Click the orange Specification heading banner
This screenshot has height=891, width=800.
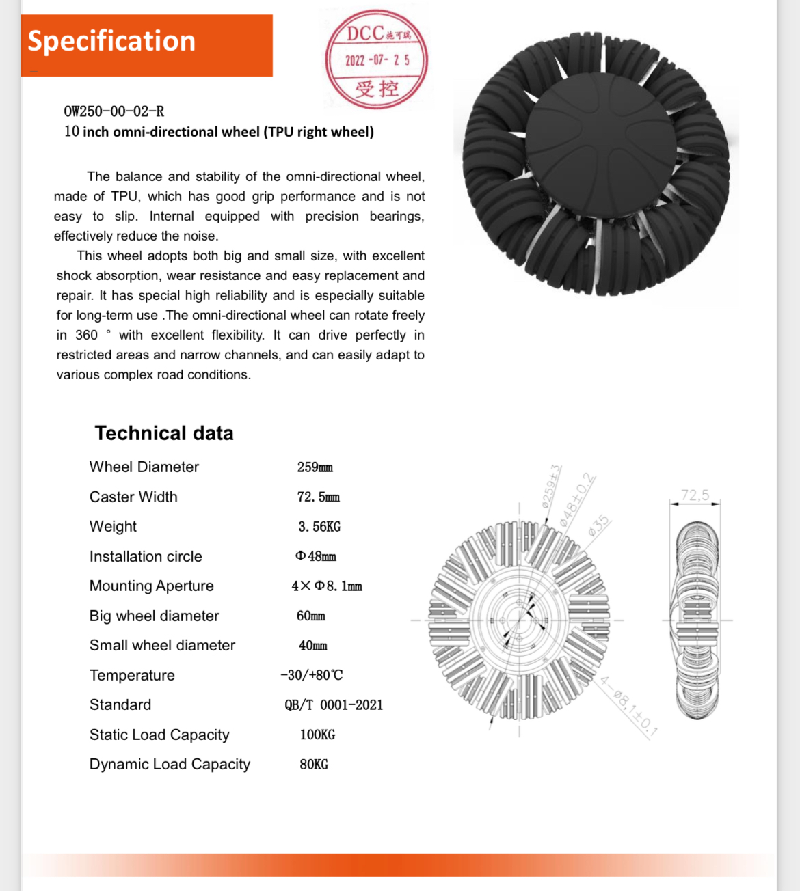pos(146,45)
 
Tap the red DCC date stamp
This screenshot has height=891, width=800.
pos(377,60)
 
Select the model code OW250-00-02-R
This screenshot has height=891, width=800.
pos(114,111)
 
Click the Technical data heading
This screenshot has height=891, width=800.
pos(164,433)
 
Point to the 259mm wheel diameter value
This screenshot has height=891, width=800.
pos(315,467)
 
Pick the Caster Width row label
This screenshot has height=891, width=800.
pos(133,497)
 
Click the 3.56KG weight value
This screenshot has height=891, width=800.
pos(319,527)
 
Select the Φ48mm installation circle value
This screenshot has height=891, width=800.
pos(316,556)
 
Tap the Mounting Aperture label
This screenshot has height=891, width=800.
pos(151,586)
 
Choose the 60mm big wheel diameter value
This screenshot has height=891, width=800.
pos(311,616)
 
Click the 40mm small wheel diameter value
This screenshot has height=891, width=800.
pos(312,646)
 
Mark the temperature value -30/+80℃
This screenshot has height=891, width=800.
pos(312,675)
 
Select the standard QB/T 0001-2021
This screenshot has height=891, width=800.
pos(334,705)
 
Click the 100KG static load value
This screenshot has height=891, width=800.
pos(317,735)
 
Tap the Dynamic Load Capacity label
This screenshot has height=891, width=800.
pos(170,765)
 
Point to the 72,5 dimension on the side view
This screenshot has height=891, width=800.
pos(695,495)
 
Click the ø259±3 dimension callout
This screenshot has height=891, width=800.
pos(551,486)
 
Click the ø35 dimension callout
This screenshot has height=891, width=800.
pos(598,525)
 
